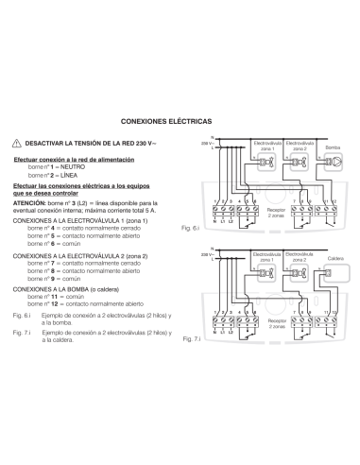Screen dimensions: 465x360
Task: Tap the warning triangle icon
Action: [x=17, y=142]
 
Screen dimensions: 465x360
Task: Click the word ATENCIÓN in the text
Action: [x=32, y=201]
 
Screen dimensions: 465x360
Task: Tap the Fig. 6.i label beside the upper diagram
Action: [x=189, y=228]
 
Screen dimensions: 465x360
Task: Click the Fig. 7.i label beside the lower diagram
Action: [x=192, y=337]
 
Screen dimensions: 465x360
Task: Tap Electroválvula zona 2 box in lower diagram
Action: [x=300, y=261]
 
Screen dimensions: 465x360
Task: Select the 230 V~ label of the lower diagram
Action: [x=208, y=256]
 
